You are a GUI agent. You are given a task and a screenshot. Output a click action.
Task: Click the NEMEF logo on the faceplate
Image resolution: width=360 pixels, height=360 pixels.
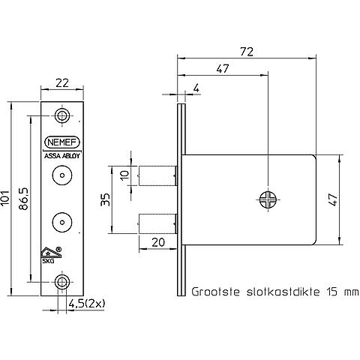(62, 142)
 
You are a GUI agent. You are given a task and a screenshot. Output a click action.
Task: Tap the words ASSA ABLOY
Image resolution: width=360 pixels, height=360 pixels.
(62, 156)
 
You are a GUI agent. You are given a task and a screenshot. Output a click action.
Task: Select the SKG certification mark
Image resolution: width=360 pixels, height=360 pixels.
(51, 255)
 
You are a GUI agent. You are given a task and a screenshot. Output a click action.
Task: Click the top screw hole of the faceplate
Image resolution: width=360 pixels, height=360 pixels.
(61, 115)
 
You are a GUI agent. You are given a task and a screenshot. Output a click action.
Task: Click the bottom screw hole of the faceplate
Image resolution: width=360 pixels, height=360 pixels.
(61, 282)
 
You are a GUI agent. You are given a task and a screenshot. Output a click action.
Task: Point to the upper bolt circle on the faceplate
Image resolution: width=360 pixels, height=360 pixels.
(62, 175)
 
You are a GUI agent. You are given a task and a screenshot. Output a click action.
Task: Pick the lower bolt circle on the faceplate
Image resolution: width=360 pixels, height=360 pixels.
(62, 223)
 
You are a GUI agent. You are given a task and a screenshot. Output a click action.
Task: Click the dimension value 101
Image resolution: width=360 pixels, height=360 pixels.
(4, 198)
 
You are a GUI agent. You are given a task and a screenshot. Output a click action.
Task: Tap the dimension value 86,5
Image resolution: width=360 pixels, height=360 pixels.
(24, 199)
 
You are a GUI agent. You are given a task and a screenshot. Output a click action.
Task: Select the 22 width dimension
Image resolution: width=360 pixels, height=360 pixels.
(62, 83)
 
